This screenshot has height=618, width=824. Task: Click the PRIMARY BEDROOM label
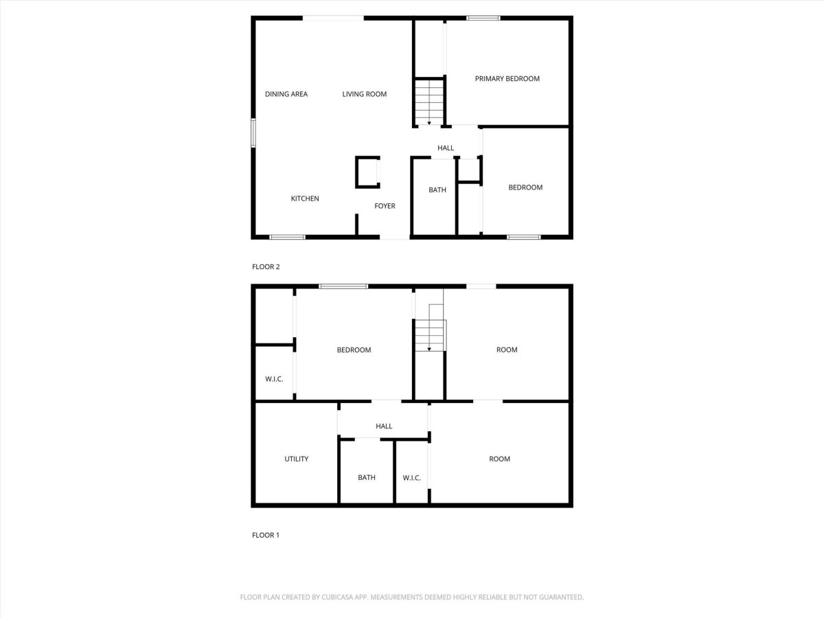click(x=507, y=79)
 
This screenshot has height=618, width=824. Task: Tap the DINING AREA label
click(x=286, y=94)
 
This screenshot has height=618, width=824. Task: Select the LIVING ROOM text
click(x=364, y=94)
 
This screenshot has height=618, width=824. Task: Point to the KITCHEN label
click(x=305, y=198)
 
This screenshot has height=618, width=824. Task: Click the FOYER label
click(x=385, y=206)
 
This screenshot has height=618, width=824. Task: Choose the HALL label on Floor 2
click(x=446, y=148)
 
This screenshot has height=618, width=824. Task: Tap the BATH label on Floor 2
click(x=437, y=190)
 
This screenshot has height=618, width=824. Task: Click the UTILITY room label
click(x=296, y=459)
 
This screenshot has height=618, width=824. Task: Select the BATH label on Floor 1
click(x=367, y=478)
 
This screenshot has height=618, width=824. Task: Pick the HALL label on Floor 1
click(x=384, y=426)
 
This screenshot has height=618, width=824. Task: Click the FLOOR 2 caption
click(x=266, y=267)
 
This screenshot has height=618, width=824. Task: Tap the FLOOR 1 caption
click(x=266, y=535)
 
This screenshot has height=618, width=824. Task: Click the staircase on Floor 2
click(x=429, y=102)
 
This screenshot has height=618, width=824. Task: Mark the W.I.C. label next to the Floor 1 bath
click(x=411, y=478)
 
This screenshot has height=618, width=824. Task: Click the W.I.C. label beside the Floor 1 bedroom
click(x=274, y=379)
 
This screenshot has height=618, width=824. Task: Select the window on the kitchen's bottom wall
click(x=287, y=237)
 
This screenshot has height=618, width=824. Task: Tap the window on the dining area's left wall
click(x=253, y=133)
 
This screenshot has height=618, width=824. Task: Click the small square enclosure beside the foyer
click(x=367, y=172)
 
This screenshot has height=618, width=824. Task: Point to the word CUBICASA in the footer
click(x=336, y=597)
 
